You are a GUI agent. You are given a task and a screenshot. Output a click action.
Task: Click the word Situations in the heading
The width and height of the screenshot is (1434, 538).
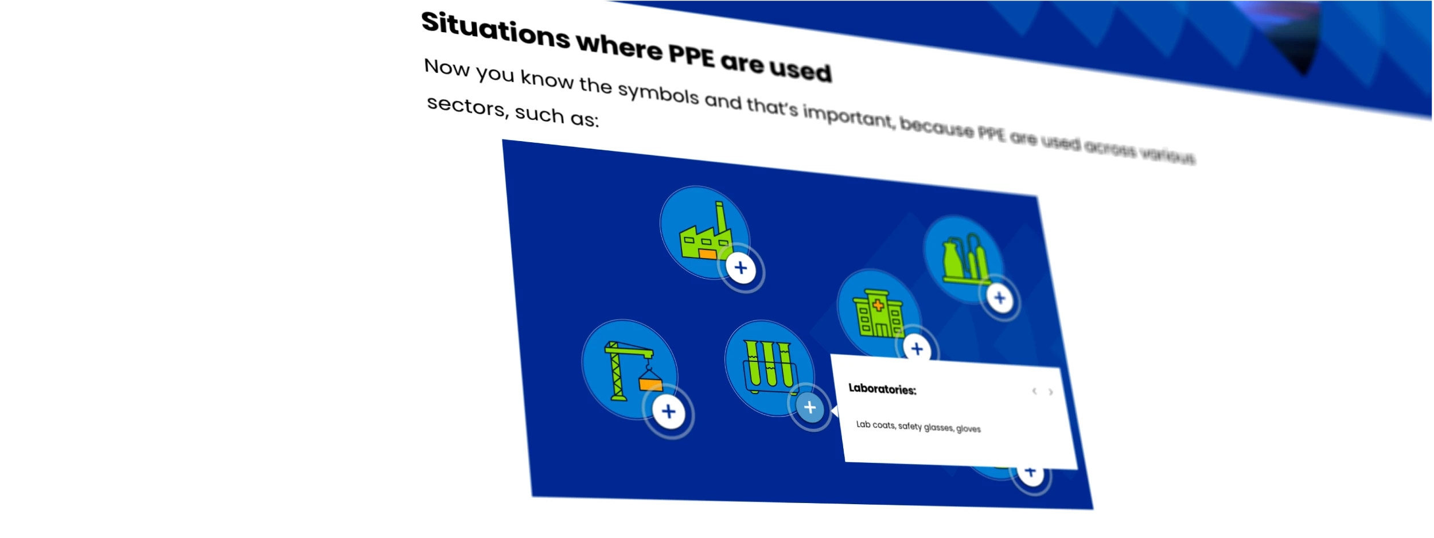496,30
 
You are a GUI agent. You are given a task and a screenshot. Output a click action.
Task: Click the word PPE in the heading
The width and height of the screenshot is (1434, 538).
692,56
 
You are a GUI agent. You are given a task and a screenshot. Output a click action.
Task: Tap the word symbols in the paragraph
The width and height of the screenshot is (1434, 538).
658,93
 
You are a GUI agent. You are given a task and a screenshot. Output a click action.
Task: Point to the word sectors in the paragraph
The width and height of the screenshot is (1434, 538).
466,106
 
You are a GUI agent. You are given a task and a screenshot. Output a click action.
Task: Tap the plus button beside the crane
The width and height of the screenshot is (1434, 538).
668,411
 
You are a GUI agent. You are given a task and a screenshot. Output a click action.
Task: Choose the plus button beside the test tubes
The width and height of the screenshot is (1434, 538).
810,407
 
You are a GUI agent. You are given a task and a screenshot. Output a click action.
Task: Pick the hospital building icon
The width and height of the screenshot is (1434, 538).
878,313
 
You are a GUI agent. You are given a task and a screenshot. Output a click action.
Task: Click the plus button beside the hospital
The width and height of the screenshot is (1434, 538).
917,349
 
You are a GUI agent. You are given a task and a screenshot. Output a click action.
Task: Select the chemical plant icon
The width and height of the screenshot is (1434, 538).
964,258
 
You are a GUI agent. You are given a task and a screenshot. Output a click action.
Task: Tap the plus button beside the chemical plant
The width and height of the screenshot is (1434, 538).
1000,298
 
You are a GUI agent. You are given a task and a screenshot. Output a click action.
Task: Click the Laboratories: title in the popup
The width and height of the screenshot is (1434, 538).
882,389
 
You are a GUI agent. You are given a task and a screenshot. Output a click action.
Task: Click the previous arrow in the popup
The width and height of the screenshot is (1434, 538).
1034,391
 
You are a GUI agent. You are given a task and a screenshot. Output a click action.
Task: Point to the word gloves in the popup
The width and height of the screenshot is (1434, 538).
968,428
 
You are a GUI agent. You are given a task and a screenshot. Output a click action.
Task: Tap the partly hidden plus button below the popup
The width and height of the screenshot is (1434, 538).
1031,474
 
